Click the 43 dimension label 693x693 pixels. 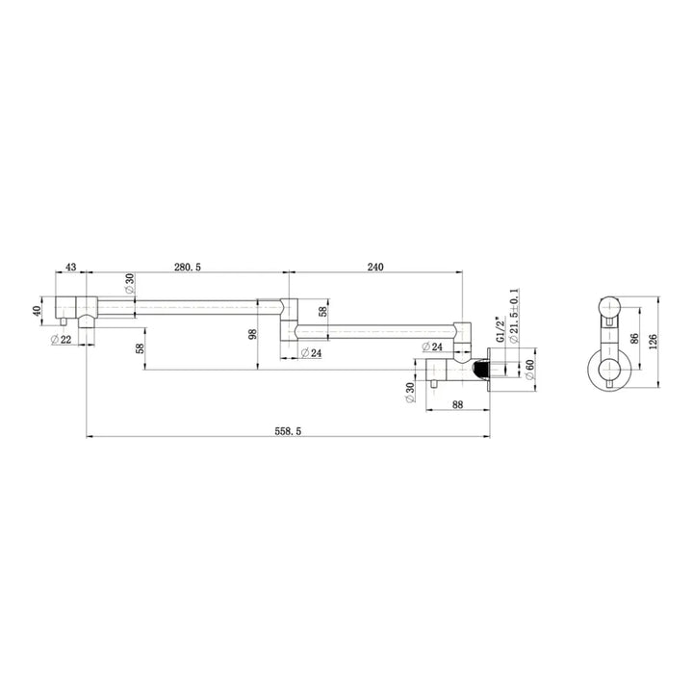click(70, 267)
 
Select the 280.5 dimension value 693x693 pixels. click(188, 267)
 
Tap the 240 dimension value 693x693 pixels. click(375, 267)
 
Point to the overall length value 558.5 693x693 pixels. click(288, 431)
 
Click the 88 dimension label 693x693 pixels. click(458, 404)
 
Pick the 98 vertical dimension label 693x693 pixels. click(253, 334)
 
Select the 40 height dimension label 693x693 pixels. click(37, 311)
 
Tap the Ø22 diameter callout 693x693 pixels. click(61, 340)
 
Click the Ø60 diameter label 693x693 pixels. click(529, 369)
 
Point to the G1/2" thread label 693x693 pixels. click(500, 329)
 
